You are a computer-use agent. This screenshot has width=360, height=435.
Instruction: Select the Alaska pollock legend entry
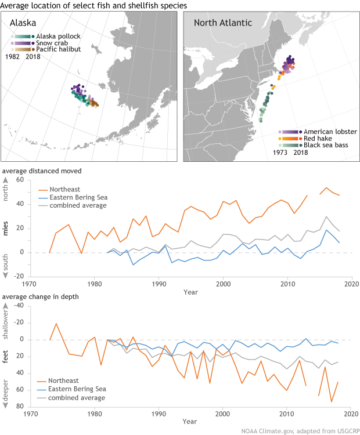point(58,36)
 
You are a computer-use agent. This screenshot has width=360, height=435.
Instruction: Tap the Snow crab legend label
point(52,43)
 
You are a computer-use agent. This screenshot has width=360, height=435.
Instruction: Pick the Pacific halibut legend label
point(58,50)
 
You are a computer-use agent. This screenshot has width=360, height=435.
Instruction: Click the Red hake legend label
point(316,139)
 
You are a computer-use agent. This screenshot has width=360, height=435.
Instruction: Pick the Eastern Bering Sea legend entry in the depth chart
point(75,389)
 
